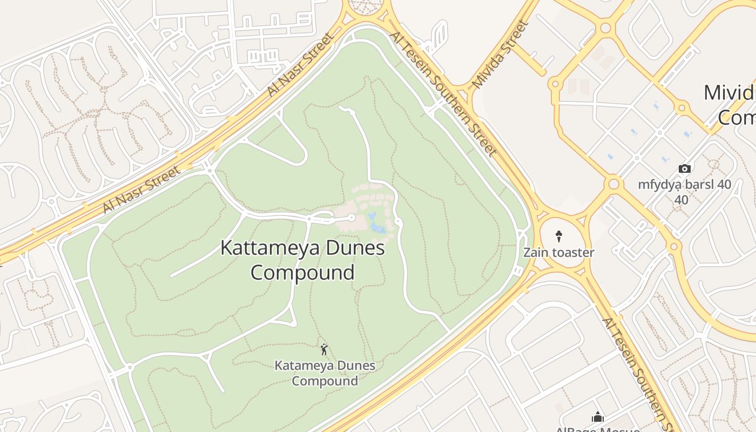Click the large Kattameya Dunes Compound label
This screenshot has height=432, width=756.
302,260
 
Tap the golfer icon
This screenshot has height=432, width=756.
324,349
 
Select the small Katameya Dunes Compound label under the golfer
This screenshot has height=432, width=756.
325,373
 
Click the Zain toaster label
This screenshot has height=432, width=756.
558,252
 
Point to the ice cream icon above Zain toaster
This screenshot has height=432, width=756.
559,236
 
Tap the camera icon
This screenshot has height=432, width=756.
684,168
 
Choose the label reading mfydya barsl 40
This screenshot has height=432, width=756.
684,185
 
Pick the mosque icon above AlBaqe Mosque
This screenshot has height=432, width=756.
597,417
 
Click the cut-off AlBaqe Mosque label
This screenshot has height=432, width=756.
597,429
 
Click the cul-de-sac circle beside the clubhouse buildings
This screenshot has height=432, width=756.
351,218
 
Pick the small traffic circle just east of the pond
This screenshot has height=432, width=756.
398,222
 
